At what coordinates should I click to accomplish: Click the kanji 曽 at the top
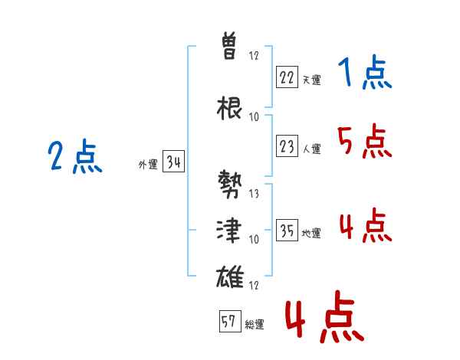[229, 46]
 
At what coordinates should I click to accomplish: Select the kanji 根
[229, 108]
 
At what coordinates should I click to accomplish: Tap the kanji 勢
[230, 184]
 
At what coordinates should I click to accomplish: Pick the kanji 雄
[230, 277]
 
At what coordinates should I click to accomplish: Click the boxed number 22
[287, 77]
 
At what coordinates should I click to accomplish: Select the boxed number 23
[287, 146]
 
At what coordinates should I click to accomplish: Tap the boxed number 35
[287, 230]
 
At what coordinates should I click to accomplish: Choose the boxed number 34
[173, 161]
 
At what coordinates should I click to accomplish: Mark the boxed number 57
[230, 321]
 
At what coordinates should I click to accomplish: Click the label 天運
[311, 80]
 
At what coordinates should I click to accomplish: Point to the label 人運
[311, 149]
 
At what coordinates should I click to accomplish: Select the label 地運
[311, 234]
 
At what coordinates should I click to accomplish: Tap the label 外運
[148, 165]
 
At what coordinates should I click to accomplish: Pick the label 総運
[255, 325]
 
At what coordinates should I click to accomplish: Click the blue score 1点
[365, 72]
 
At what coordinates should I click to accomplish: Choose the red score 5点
[365, 141]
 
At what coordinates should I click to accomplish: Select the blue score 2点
[75, 155]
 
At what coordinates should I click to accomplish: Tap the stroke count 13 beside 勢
[254, 194]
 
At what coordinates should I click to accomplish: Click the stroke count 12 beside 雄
[254, 285]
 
